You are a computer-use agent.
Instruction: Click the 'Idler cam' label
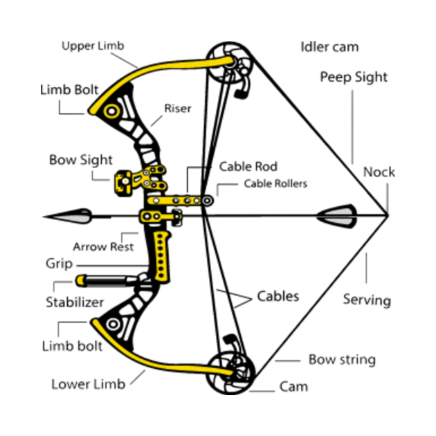330,47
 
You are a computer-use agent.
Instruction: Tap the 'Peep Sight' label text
354,77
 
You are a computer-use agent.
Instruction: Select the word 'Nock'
379,172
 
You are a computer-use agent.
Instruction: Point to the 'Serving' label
367,300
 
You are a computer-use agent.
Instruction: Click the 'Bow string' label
342,360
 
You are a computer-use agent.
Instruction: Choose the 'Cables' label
278,296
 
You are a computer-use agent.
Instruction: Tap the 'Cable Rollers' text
275,183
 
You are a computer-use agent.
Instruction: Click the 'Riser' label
178,108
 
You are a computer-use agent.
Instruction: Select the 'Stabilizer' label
75,302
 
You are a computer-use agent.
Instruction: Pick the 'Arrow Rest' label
103,246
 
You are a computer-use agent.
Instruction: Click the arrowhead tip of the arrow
44,217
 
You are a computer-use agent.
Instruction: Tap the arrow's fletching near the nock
337,216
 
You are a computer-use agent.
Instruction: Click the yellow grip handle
162,256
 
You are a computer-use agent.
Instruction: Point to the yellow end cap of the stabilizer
81,280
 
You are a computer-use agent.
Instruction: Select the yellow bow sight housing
123,183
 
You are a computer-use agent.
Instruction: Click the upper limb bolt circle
112,111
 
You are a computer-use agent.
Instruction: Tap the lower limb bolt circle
113,324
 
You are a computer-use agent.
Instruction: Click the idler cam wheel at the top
229,62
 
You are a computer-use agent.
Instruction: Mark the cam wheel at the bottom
230,372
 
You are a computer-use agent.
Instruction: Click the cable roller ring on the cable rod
207,201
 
